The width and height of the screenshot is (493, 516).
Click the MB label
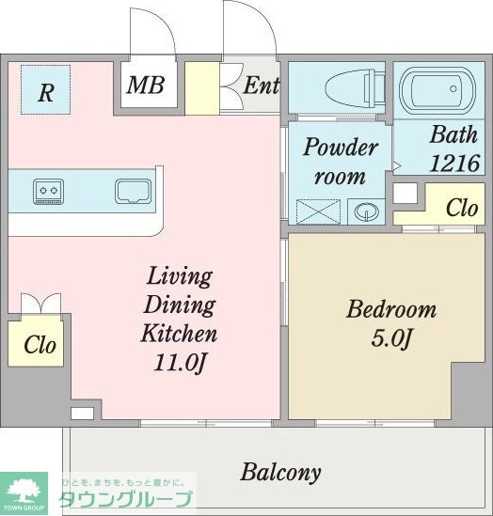tap(146, 86)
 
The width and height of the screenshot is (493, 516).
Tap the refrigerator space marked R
tap(46, 89)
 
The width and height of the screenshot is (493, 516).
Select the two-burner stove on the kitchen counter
tap(48, 192)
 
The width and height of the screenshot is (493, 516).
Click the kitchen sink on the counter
tap(133, 191)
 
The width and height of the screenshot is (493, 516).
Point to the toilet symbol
tap(355, 88)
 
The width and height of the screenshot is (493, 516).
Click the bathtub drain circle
tap(453, 88)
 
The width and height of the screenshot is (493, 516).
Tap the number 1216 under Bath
tap(454, 164)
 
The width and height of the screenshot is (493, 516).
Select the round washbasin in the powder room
tap(367, 211)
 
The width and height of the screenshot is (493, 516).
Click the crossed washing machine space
tap(318, 212)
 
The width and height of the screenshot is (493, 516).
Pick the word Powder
tap(341, 147)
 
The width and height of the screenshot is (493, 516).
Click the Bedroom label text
tap(391, 309)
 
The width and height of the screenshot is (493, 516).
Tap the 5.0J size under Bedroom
tap(391, 338)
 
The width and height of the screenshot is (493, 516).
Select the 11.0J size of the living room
tap(180, 363)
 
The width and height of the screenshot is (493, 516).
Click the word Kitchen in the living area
tap(179, 334)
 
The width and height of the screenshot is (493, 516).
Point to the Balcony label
tap(280, 473)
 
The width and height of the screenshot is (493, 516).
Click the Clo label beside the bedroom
tap(462, 208)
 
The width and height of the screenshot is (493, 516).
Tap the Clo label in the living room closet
tap(40, 345)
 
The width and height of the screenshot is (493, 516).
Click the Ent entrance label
tap(261, 86)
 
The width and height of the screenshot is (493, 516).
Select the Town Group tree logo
tap(24, 493)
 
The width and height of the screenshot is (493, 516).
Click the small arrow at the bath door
tap(396, 165)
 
